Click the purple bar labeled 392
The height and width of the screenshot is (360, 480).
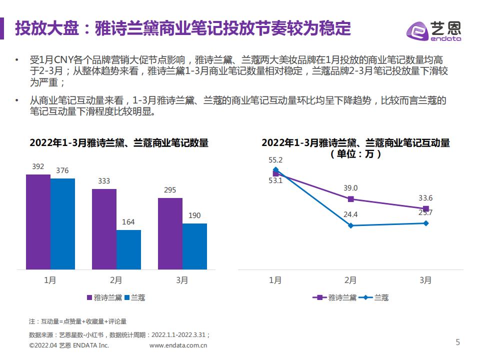38,222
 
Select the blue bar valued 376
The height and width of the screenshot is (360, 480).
62,224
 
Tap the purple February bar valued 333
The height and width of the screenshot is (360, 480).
104,229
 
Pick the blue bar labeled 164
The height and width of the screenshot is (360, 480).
128,250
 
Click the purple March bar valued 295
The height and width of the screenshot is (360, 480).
170,234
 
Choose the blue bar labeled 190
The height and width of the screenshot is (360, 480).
194,246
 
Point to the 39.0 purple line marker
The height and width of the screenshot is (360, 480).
350,199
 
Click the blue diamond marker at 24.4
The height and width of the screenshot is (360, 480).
350,225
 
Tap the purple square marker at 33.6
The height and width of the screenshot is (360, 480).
425,208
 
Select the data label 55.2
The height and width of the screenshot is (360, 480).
275,160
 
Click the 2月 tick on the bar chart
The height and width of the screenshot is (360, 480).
116,280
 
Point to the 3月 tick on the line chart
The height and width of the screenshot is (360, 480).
425,280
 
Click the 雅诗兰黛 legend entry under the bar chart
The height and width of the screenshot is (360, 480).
104,297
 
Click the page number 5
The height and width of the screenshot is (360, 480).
457,342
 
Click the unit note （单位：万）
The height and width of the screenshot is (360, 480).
355,154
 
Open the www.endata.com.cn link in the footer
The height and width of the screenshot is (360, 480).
178,345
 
